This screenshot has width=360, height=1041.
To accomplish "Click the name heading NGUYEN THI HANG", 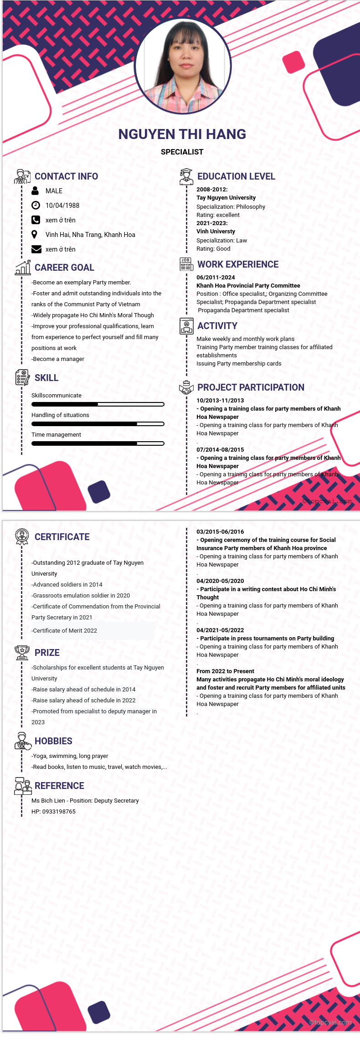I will point(182,134).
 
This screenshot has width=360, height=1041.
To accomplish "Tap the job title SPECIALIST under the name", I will point(182,152).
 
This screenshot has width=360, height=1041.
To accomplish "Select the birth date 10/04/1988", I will point(62,206).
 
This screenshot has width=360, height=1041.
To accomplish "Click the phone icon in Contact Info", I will point(36,220).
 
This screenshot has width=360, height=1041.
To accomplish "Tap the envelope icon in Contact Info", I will point(36,249).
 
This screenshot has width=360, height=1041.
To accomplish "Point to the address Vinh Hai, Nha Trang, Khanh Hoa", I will point(90,235).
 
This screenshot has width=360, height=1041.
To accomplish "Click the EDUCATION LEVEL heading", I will point(236,176).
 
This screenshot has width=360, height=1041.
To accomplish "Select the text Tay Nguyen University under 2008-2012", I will point(226,198).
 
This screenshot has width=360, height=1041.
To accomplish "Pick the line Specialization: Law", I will point(221,241).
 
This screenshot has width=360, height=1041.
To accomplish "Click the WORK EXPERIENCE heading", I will point(238,264).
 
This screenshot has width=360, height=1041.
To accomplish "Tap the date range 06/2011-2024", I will point(216,278).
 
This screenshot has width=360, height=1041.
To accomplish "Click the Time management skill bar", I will point(98,443).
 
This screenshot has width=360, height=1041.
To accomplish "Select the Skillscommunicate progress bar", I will point(98,404).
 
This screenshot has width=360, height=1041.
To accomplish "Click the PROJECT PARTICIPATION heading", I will point(251,387).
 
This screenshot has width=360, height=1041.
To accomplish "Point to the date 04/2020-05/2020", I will point(220,581).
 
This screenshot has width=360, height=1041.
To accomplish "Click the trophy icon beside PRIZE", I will point(22,653).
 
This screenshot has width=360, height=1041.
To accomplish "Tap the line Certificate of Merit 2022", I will point(65,631).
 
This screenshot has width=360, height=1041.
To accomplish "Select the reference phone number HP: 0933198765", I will point(53,812).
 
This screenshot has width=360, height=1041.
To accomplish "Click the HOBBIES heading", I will point(53,741).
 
